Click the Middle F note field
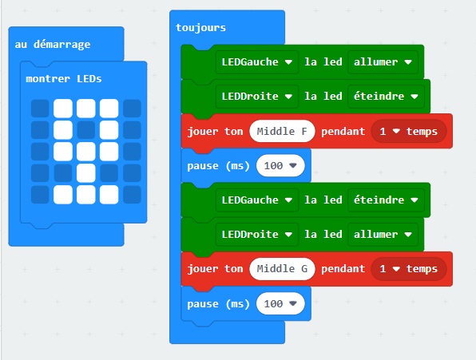[x=282, y=132]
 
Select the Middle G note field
[x=282, y=269]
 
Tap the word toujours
[x=201, y=28]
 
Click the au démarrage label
[x=53, y=45]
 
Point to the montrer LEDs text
[x=64, y=79]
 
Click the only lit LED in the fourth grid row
[x=86, y=173]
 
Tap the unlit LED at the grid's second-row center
[x=86, y=130]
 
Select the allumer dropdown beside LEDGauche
[x=383, y=62]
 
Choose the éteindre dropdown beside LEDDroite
[x=386, y=97]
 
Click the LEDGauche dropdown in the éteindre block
[x=257, y=200]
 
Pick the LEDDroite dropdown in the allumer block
[x=257, y=235]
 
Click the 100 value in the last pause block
[x=280, y=303]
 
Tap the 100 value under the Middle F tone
[x=280, y=165]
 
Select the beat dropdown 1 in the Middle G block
[x=390, y=269]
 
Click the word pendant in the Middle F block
[x=343, y=132]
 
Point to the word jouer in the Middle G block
[x=203, y=269]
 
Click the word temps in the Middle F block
[x=422, y=132]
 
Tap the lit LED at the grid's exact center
[x=86, y=152]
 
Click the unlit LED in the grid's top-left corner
[x=40, y=109]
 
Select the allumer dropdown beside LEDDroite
[x=383, y=235]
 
